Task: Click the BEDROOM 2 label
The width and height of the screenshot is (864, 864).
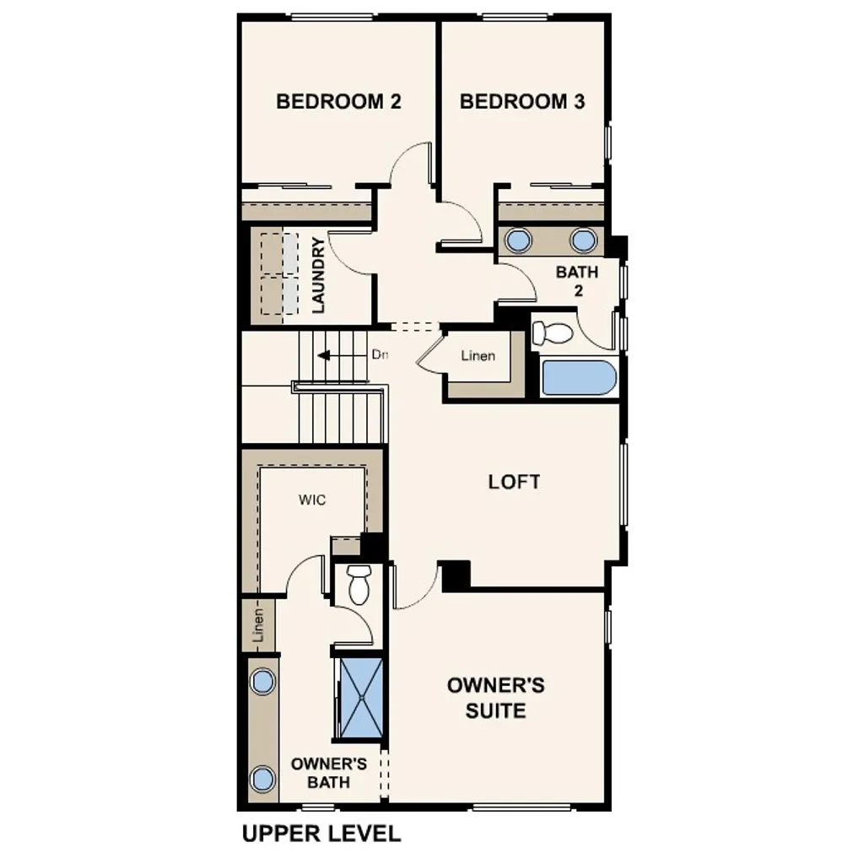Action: click(x=338, y=102)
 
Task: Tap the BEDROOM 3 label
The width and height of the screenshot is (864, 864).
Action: click(x=522, y=102)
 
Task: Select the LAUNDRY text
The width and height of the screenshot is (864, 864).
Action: click(x=318, y=276)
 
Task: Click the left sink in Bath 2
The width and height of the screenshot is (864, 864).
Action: click(x=516, y=240)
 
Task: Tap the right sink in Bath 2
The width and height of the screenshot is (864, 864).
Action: click(x=583, y=240)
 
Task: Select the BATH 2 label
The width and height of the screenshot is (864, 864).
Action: click(x=577, y=281)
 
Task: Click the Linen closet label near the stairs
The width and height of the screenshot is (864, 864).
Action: click(x=478, y=355)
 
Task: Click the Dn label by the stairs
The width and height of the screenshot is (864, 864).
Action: click(x=380, y=355)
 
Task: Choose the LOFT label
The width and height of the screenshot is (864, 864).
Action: click(x=514, y=482)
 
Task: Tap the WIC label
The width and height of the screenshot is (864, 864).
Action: click(x=311, y=499)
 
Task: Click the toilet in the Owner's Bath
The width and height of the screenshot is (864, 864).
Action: click(x=359, y=584)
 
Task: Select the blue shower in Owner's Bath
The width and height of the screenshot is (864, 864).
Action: click(x=360, y=697)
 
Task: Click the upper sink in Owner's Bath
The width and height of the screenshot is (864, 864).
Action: click(x=263, y=680)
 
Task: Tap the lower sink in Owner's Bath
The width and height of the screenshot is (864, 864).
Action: click(x=263, y=778)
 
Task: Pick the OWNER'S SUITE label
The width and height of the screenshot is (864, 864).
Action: click(x=496, y=697)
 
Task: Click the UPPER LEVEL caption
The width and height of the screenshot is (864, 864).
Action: click(x=321, y=834)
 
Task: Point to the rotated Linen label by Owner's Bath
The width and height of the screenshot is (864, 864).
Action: click(x=259, y=625)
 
